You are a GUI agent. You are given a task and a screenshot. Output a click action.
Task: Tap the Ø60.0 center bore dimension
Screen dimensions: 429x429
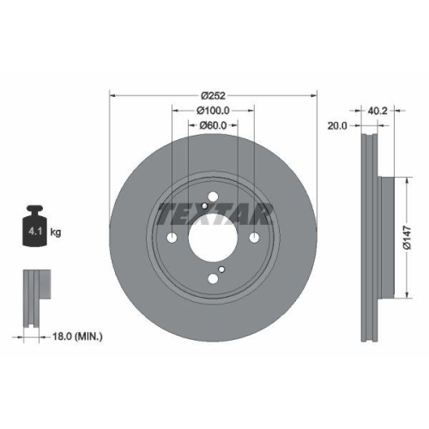point(213,126)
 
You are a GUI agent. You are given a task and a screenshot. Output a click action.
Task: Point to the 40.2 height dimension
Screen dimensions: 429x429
point(378,109)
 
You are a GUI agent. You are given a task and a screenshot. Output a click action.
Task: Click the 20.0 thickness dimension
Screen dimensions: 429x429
point(336,125)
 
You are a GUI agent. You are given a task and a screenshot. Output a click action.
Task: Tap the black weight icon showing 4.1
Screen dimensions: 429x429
point(35,227)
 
